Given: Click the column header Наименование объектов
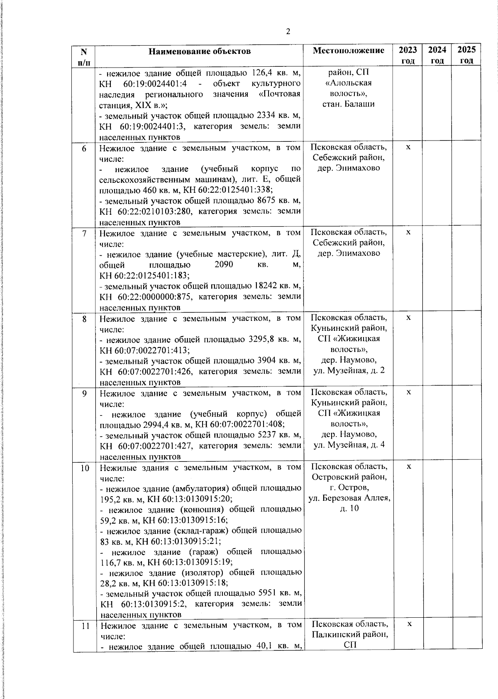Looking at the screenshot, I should pyautogui.click(x=200, y=51).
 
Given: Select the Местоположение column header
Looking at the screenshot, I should pyautogui.click(x=349, y=51).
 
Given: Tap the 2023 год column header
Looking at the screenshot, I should pyautogui.click(x=408, y=55).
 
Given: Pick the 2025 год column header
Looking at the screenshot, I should pyautogui.click(x=466, y=55).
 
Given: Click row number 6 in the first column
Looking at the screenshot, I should pyautogui.click(x=84, y=148).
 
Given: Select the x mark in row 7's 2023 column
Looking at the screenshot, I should pyautogui.click(x=408, y=232).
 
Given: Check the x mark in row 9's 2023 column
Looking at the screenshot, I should pyautogui.click(x=408, y=392).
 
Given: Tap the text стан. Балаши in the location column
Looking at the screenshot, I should pyautogui.click(x=348, y=104).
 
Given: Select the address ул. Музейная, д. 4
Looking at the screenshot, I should pyautogui.click(x=349, y=445).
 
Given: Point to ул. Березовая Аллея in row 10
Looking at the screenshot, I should pyautogui.click(x=349, y=498).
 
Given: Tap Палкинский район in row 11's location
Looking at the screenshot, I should pyautogui.click(x=349, y=634).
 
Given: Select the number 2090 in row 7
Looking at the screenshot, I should pyautogui.click(x=224, y=265).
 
